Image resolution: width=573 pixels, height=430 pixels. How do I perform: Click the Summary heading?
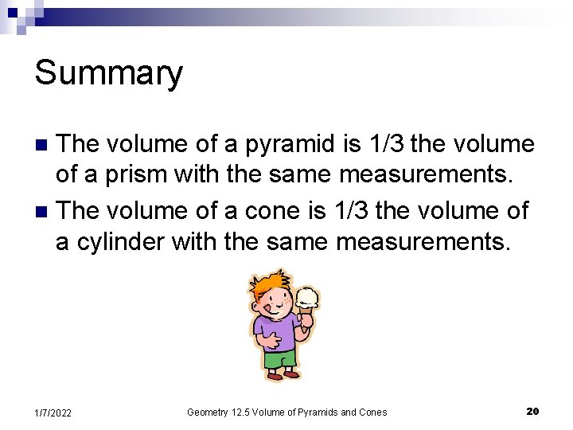click(108, 73)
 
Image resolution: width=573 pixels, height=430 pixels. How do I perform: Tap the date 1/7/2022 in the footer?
click(53, 412)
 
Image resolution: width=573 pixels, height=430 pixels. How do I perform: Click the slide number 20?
click(532, 411)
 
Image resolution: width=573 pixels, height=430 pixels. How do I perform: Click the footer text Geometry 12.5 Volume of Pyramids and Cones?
click(286, 412)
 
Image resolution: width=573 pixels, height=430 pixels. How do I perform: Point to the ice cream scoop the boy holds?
click(306, 298)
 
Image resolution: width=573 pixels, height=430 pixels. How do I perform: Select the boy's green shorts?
click(279, 359)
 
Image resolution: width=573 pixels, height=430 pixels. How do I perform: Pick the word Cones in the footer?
click(372, 412)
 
